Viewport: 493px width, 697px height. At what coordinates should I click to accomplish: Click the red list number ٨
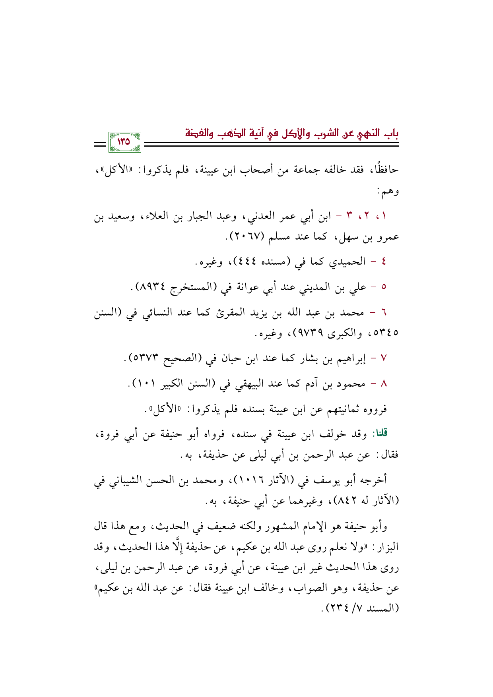[x=384, y=384]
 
